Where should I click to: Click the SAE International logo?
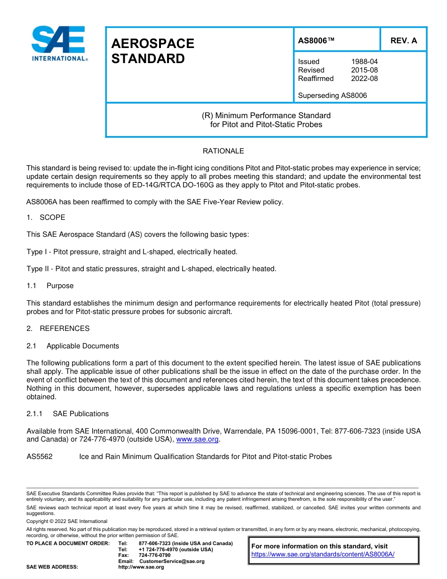[59, 43]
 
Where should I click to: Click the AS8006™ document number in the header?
[316, 40]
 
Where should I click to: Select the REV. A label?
[404, 40]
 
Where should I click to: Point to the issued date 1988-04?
[364, 62]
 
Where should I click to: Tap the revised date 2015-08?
[364, 70]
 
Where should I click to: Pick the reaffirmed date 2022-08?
[364, 79]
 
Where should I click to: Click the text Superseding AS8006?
[332, 96]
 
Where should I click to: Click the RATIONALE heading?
[223, 151]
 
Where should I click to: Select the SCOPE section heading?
[52, 217]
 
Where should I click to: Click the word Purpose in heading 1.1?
[60, 286]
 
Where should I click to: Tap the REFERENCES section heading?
[64, 329]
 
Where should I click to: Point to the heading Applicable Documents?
[82, 346]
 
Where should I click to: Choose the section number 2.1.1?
[34, 414]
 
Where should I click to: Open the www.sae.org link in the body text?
[197, 440]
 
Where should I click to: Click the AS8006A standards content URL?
[323, 555]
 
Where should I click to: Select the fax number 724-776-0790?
[154, 555]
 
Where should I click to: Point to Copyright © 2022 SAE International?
[67, 521]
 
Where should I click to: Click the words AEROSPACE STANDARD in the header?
[152, 51]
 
